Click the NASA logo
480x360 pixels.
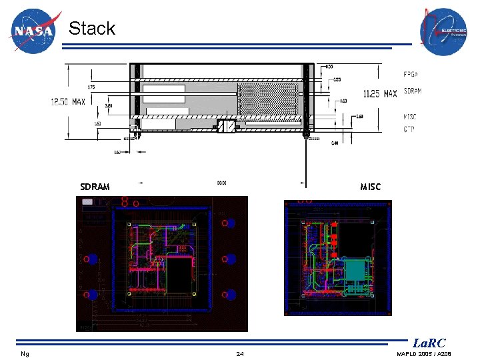[34, 31]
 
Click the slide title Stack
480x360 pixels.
[92, 29]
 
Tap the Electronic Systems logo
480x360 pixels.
[443, 31]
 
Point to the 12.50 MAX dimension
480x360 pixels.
[69, 101]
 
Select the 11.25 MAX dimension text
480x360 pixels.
[379, 94]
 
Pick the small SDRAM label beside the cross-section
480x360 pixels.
[413, 91]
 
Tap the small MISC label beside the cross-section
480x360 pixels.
[411, 117]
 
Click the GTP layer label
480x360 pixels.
[409, 129]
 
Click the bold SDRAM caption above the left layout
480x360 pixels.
[95, 187]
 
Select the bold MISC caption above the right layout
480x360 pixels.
[371, 187]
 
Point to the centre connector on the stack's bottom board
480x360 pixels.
[227, 126]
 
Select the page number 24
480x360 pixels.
[240, 353]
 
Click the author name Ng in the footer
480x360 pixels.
[25, 353]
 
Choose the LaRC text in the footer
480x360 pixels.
[429, 343]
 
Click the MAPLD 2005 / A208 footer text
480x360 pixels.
[424, 353]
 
